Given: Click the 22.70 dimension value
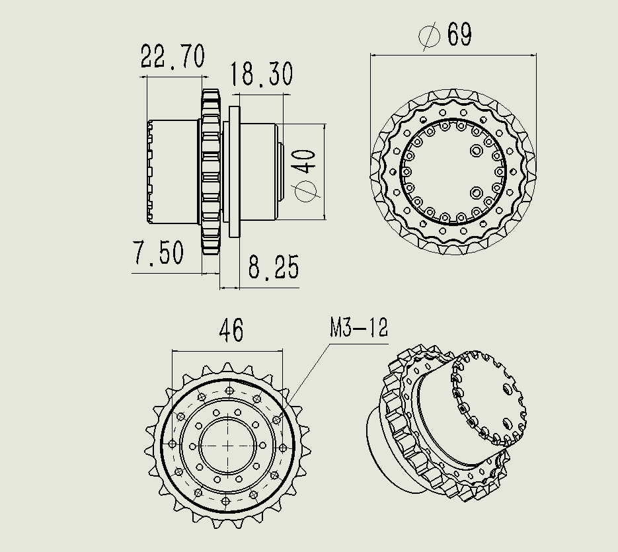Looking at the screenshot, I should pos(173,58).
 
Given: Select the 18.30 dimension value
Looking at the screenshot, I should pos(262,75).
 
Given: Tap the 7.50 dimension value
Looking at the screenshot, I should pos(158,253).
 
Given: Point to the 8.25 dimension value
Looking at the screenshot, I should pos(274,268).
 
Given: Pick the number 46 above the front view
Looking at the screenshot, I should pos(231,331).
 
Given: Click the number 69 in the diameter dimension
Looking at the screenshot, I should pos(459,34).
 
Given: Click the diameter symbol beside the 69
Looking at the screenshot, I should pos(430,36).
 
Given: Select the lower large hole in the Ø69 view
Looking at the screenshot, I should pos(475,192).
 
